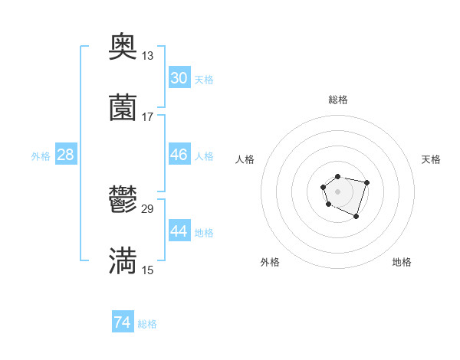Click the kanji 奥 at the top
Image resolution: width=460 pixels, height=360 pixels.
click(123, 47)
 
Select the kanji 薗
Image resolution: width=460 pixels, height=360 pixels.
click(123, 108)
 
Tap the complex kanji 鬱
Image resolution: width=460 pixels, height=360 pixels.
click(123, 201)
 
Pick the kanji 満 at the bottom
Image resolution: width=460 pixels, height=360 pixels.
click(123, 261)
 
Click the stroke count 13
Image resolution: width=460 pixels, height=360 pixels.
click(147, 55)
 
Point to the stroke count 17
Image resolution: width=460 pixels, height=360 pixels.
click(147, 116)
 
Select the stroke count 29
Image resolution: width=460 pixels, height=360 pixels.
click(148, 208)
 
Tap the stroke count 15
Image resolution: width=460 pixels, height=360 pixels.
click(147, 270)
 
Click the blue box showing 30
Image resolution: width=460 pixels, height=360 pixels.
click(179, 78)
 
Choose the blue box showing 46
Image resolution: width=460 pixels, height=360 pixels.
click(179, 155)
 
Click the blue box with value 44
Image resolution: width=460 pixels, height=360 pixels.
click(179, 231)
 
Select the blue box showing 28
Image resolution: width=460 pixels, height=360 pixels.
click(66, 155)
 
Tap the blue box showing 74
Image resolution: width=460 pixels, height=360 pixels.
click(122, 323)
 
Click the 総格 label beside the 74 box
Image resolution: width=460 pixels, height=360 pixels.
click(147, 324)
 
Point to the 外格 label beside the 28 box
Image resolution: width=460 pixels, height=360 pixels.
click(41, 155)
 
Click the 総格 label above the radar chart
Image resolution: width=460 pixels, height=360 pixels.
click(338, 100)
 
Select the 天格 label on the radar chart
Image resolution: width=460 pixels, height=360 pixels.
click(432, 159)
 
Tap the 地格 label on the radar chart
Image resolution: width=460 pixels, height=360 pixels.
click(402, 262)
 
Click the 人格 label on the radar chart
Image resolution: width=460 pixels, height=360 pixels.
click(245, 159)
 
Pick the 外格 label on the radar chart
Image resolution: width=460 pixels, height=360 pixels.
click(270, 262)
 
